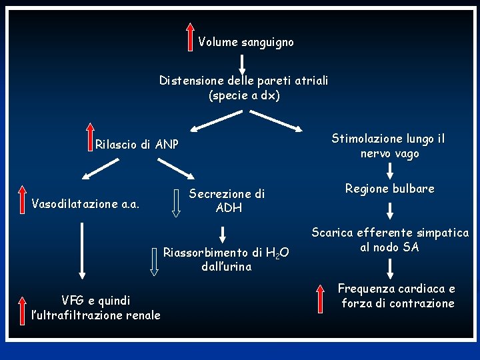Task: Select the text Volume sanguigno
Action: pyautogui.click(x=245, y=42)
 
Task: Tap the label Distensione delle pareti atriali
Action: pyautogui.click(x=243, y=81)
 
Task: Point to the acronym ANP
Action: pyautogui.click(x=167, y=144)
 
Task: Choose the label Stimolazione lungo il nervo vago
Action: pyautogui.click(x=389, y=146)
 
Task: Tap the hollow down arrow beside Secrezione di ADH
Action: pyautogui.click(x=177, y=202)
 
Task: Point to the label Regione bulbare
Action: pyautogui.click(x=389, y=189)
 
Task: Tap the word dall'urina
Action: pyautogui.click(x=227, y=267)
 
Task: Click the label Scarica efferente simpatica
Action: pyautogui.click(x=390, y=233)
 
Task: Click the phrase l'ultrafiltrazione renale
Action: pyautogui.click(x=91, y=315)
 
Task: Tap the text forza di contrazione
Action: pyautogui.click(x=397, y=304)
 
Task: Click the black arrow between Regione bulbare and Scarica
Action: pyautogui.click(x=390, y=211)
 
